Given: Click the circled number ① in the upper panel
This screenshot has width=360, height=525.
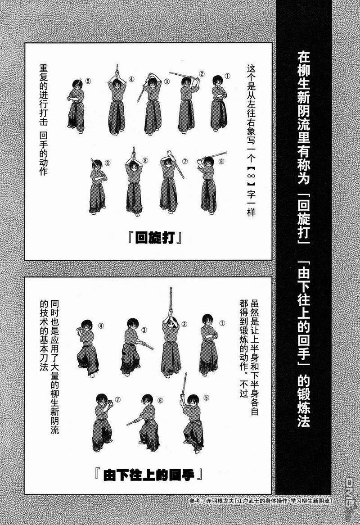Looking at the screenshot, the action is [x=228, y=76].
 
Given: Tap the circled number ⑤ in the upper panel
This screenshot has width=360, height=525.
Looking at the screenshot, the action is [x=88, y=81].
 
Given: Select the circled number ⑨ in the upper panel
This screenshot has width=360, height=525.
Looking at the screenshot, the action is [x=108, y=163].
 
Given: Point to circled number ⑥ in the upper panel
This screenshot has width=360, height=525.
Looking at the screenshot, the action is [x=221, y=161].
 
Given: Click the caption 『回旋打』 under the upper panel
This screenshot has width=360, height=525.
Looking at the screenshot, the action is [x=155, y=238].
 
